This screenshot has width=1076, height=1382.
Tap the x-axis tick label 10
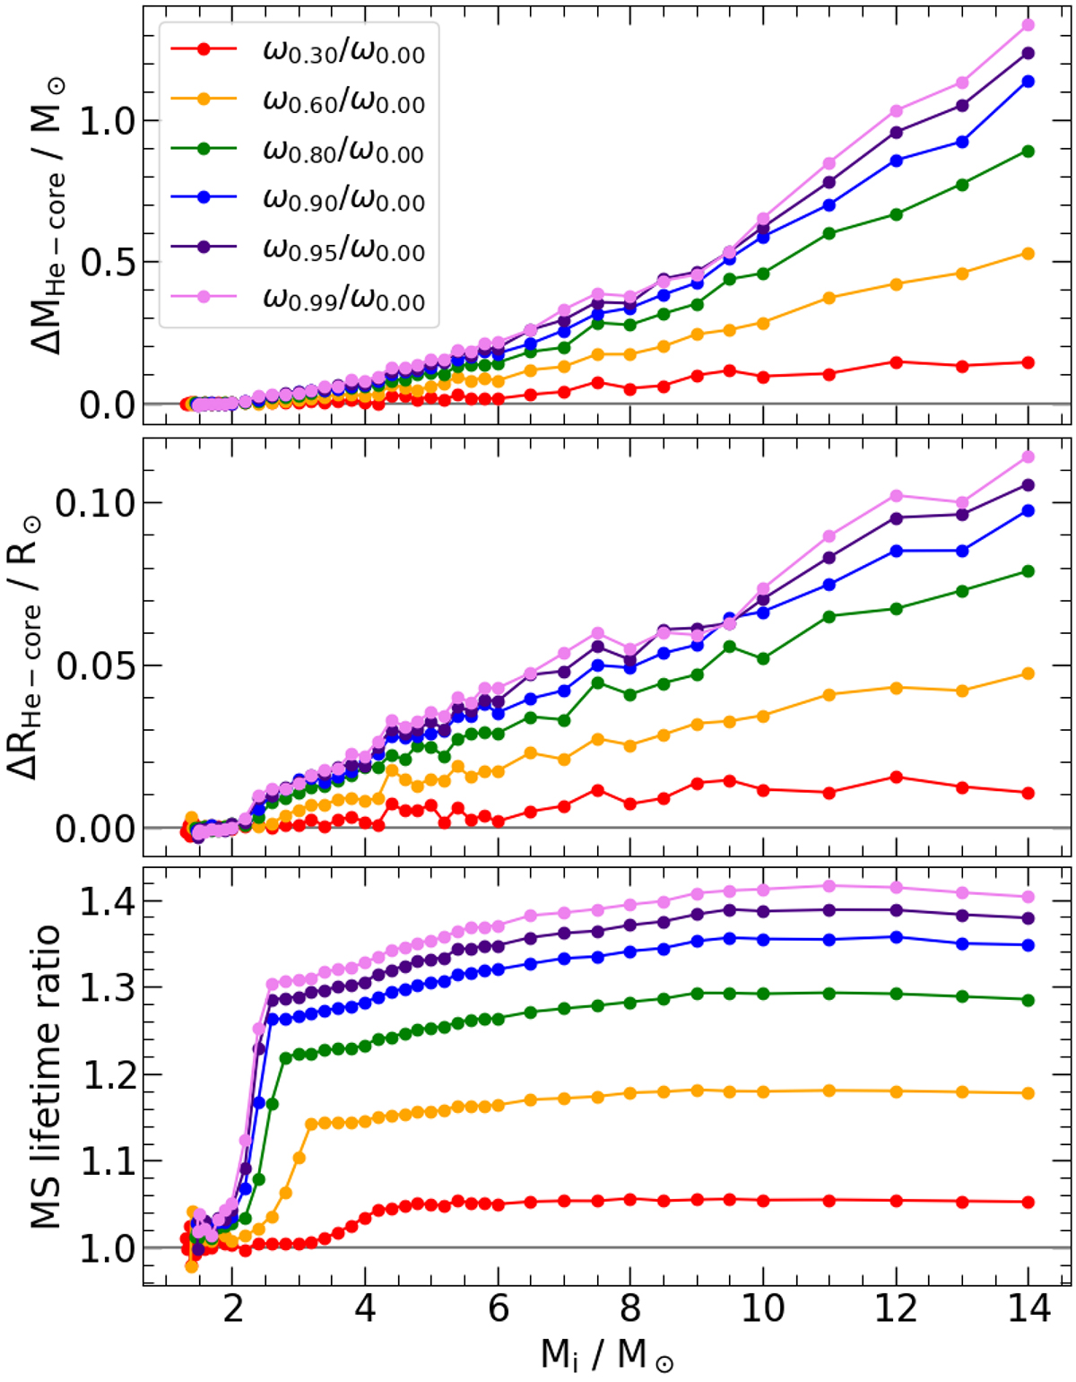click(x=763, y=1308)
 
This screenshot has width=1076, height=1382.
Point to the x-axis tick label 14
click(x=1028, y=1308)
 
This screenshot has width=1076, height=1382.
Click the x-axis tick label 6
click(x=498, y=1308)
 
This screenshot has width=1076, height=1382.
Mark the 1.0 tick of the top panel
click(x=106, y=121)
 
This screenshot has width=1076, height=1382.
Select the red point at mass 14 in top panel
click(x=1028, y=362)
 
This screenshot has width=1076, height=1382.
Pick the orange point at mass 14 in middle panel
click(x=1028, y=674)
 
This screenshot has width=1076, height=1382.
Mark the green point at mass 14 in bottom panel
click(x=1028, y=1000)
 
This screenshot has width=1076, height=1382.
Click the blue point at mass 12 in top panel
click(x=895, y=161)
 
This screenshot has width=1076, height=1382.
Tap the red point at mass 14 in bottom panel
click(x=1028, y=1202)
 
